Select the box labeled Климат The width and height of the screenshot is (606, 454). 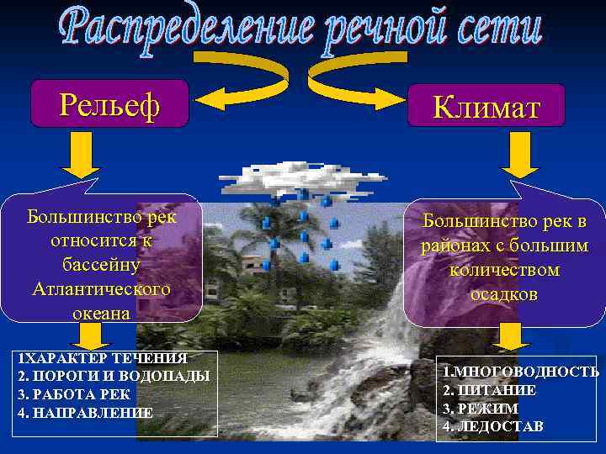point(486,107)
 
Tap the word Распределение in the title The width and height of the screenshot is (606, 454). point(182,28)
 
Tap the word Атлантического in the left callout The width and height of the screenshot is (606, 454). point(100,288)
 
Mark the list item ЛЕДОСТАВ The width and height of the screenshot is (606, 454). point(496,426)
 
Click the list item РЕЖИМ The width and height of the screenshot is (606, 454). point(486,408)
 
